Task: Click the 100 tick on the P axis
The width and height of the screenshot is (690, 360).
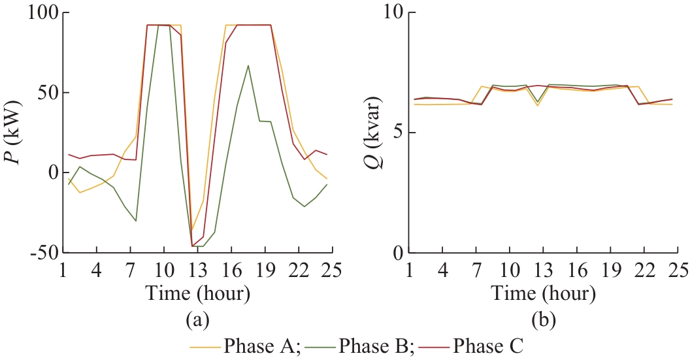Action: click(42, 12)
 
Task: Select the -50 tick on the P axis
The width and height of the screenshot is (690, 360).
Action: click(44, 253)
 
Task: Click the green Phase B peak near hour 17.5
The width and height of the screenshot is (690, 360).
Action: click(248, 65)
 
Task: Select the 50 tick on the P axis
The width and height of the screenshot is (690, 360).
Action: click(47, 92)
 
